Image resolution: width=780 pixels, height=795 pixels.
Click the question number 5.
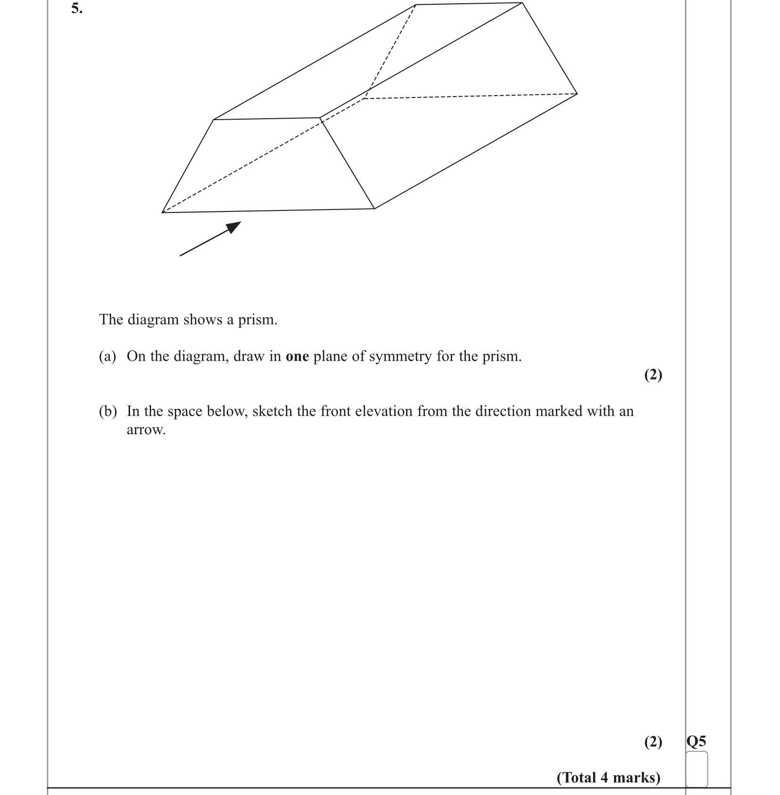click(76, 9)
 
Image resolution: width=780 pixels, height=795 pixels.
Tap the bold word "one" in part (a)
click(297, 357)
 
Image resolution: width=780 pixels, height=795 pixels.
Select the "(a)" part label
click(107, 357)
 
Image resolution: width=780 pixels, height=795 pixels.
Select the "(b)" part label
click(107, 412)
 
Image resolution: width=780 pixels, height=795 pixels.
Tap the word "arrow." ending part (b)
click(146, 430)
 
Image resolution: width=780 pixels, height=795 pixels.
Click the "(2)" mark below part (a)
click(653, 375)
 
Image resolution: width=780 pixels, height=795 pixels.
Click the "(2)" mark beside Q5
click(653, 742)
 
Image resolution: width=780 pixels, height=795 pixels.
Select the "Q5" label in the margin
click(696, 742)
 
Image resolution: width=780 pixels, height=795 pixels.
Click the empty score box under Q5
click(697, 769)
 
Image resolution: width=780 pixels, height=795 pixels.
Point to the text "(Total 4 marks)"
click(608, 777)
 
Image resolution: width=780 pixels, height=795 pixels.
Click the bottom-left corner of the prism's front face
click(162, 212)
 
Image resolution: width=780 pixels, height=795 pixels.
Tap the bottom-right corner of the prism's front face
click(374, 208)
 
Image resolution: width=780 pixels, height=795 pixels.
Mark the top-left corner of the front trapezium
click(214, 120)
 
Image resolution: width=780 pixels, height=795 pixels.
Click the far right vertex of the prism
click(577, 93)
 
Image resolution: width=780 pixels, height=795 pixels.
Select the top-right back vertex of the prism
click(522, 3)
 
